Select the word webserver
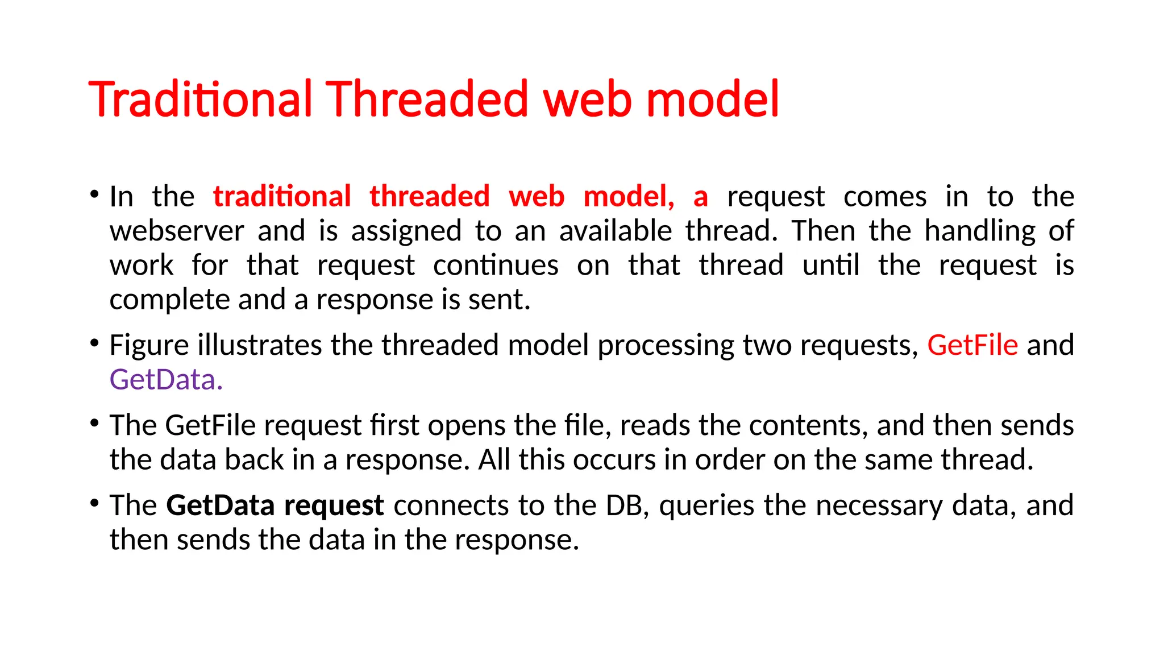[177, 231]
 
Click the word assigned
[406, 231]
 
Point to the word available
[616, 231]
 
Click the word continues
[496, 266]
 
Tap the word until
[830, 266]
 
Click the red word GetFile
[972, 345]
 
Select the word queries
[706, 505]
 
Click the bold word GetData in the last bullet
[221, 505]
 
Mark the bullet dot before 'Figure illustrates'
[94, 343]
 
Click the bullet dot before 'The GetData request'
[94, 503]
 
